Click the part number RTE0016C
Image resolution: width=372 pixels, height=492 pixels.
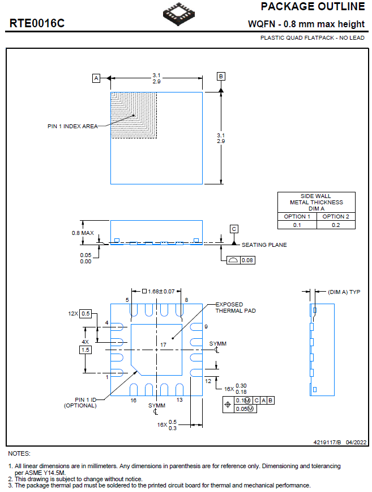pyautogui.click(x=37, y=24)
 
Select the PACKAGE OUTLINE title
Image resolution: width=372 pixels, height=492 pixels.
pyautogui.click(x=313, y=7)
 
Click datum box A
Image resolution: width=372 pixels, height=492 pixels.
pyautogui.click(x=96, y=78)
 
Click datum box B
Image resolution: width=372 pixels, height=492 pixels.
pyautogui.click(x=221, y=77)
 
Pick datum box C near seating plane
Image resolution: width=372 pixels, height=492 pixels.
pyautogui.click(x=234, y=229)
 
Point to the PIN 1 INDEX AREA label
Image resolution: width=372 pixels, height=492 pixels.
pyautogui.click(x=72, y=126)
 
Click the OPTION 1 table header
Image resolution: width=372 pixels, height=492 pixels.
pyautogui.click(x=297, y=216)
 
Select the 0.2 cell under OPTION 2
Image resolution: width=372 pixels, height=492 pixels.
pyautogui.click(x=336, y=225)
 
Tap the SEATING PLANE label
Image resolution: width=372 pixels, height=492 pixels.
pyautogui.click(x=264, y=245)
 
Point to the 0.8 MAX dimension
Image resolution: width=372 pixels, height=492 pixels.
pyautogui.click(x=83, y=233)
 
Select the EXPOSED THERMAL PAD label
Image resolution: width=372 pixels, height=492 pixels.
pyautogui.click(x=236, y=308)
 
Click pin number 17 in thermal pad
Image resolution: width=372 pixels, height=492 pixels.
pyautogui.click(x=163, y=344)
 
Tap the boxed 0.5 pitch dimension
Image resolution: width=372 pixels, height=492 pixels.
pyautogui.click(x=85, y=313)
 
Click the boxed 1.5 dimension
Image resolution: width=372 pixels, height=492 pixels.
pyautogui.click(x=85, y=350)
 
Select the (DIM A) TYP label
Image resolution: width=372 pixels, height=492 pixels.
pyautogui.click(x=344, y=292)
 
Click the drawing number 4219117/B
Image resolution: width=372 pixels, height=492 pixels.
pyautogui.click(x=327, y=441)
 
